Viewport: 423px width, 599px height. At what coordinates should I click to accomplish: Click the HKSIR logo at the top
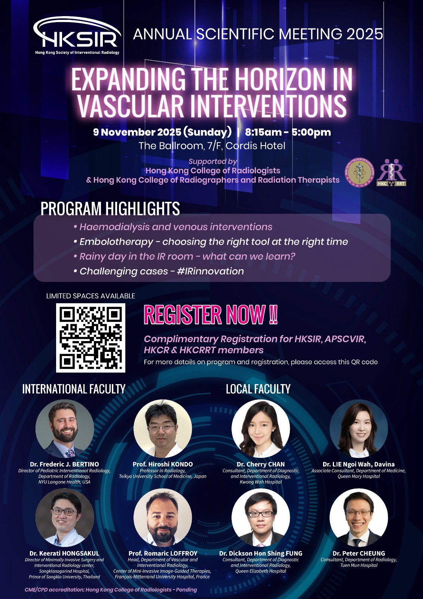[77, 36]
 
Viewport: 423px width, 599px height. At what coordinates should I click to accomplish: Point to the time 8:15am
[263, 132]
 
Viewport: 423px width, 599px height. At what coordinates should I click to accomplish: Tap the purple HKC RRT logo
[392, 173]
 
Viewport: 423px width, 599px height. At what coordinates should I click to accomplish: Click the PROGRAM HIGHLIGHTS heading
[110, 209]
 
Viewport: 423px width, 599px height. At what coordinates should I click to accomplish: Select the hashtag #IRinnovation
[210, 271]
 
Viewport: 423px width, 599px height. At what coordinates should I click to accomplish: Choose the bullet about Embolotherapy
[211, 242]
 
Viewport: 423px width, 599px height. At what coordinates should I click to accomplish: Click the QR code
[91, 338]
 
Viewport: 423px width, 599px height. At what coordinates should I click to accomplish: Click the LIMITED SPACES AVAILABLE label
[91, 296]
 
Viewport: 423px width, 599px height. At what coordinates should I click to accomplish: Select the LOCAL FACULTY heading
[258, 389]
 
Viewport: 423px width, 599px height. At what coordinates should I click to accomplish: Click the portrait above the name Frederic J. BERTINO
[65, 429]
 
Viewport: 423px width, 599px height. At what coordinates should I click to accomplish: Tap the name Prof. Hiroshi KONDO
[162, 464]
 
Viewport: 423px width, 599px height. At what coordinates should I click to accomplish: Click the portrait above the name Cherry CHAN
[261, 429]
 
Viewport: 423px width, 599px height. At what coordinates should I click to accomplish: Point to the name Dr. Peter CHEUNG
[359, 553]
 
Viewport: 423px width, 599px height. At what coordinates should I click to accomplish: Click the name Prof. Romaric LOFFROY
[163, 553]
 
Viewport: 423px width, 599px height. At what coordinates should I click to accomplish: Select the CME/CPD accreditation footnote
[111, 590]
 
